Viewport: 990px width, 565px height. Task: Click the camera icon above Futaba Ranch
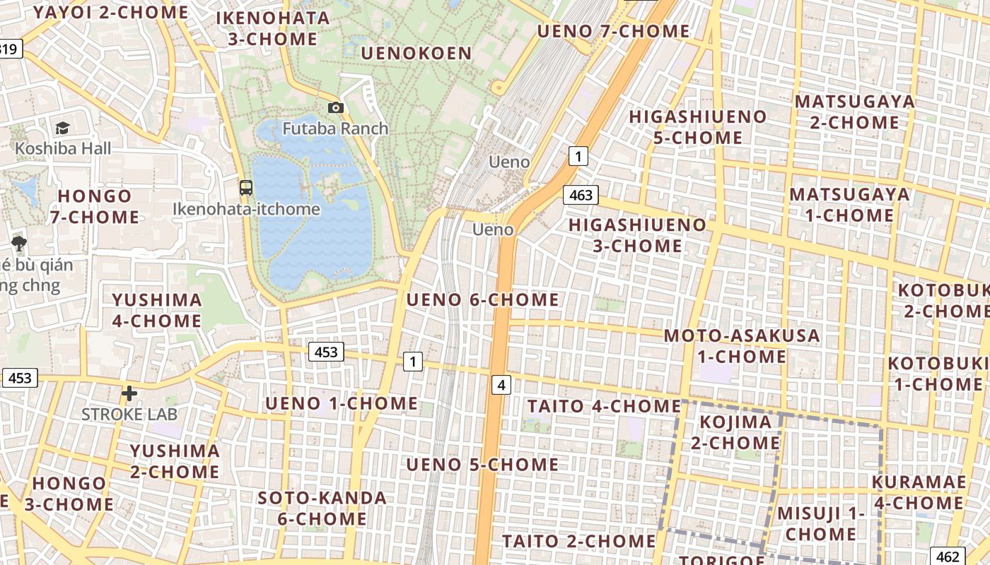pyautogui.click(x=336, y=108)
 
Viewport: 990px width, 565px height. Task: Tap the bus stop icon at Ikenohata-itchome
pyautogui.click(x=245, y=188)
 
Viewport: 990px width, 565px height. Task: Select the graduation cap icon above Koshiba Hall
pyautogui.click(x=63, y=128)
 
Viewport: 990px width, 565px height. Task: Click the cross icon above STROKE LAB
pyautogui.click(x=129, y=393)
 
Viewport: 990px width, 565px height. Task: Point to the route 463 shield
pyautogui.click(x=581, y=195)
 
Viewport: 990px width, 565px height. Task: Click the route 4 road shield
pyautogui.click(x=501, y=385)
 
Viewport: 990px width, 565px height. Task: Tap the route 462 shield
pyautogui.click(x=948, y=557)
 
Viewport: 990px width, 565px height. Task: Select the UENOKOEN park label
pyautogui.click(x=416, y=54)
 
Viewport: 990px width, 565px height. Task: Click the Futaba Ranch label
pyautogui.click(x=335, y=129)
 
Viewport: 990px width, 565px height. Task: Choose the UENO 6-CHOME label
pyautogui.click(x=482, y=300)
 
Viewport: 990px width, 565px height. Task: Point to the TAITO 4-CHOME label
pyautogui.click(x=604, y=406)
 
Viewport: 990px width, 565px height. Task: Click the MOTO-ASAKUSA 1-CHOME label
pyautogui.click(x=741, y=345)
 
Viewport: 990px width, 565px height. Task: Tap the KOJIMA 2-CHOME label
pyautogui.click(x=739, y=432)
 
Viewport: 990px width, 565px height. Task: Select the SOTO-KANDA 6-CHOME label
pyautogui.click(x=322, y=508)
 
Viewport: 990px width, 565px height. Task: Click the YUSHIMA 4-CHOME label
pyautogui.click(x=156, y=310)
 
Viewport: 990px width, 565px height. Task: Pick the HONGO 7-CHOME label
pyautogui.click(x=95, y=206)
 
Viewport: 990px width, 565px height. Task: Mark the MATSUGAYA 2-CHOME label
pyautogui.click(x=854, y=112)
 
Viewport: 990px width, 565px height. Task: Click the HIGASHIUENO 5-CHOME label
pyautogui.click(x=697, y=126)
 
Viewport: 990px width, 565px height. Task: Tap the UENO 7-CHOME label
pyautogui.click(x=613, y=31)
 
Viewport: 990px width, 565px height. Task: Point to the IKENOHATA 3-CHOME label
pyautogui.click(x=273, y=28)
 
